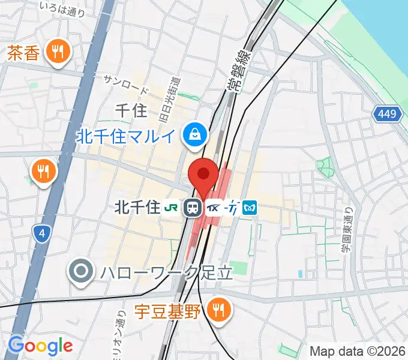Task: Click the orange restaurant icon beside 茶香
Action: point(58,52)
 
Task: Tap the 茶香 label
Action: point(24,53)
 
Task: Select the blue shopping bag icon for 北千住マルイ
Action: point(196,133)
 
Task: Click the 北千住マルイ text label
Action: point(127,136)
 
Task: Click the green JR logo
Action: point(170,208)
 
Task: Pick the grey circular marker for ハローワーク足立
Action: point(81,272)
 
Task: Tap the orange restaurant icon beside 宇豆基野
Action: point(216,310)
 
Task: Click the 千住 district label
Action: point(130,110)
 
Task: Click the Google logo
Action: point(40,346)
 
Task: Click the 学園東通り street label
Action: point(347,226)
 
